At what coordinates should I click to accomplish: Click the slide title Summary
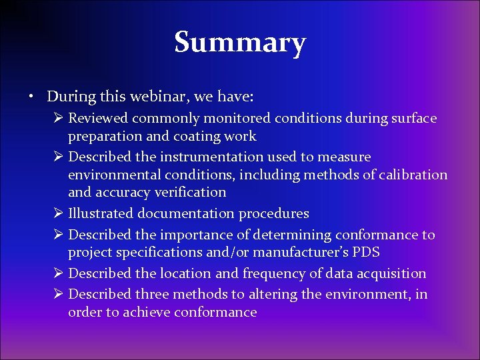[240, 43]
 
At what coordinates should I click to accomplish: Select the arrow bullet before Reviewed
[59, 119]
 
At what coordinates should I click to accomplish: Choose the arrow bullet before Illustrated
[59, 214]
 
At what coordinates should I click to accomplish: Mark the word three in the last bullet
[153, 294]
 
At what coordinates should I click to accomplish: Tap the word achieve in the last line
[144, 312]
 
